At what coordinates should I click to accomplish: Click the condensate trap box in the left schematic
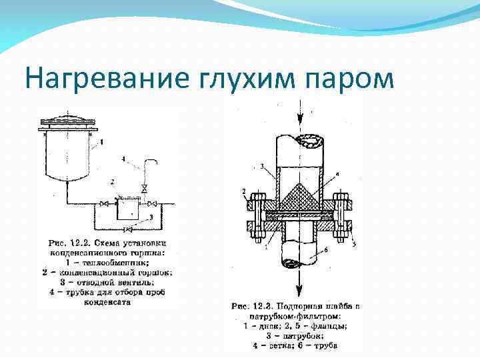[x=127, y=208]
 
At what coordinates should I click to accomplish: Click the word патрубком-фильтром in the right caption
[x=287, y=317]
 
